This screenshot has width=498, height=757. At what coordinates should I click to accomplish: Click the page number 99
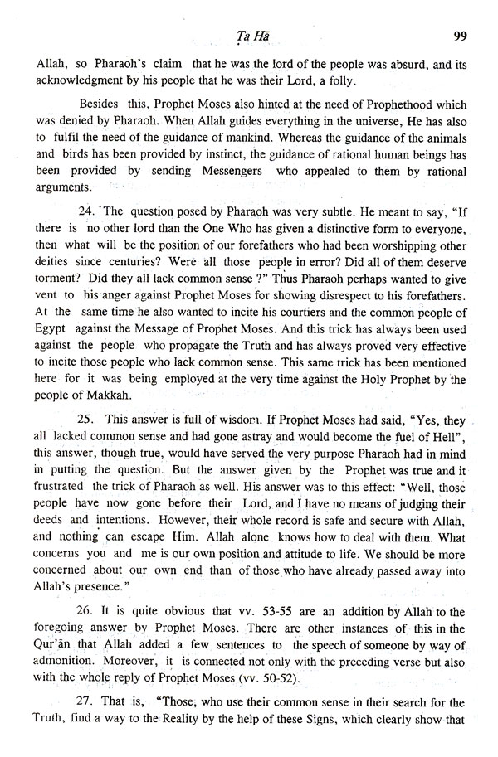coord(463,36)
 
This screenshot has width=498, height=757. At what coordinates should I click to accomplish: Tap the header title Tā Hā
coord(247,36)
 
